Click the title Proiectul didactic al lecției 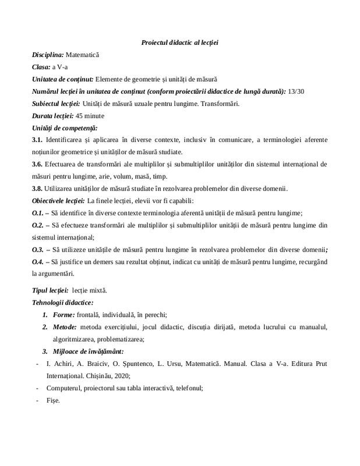pos(179,43)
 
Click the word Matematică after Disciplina pos(82,55)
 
